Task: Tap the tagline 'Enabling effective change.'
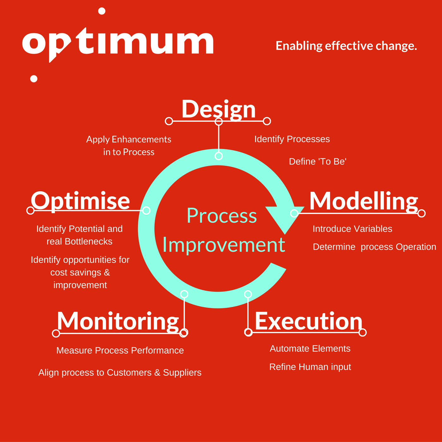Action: (x=346, y=46)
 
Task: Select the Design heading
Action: (x=218, y=110)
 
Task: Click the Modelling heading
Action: (x=364, y=202)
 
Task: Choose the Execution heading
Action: (x=308, y=321)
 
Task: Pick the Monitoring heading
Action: (x=118, y=322)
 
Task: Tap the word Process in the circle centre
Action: (x=222, y=216)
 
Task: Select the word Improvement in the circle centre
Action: (x=224, y=245)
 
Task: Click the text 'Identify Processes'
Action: (x=292, y=139)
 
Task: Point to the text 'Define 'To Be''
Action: (x=318, y=161)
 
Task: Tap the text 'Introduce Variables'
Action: (x=352, y=229)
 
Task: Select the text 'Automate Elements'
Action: (x=310, y=349)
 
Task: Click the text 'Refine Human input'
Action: (x=310, y=367)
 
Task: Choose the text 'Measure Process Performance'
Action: (x=120, y=350)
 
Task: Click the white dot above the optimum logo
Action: (x=102, y=11)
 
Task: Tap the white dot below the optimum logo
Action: (x=34, y=79)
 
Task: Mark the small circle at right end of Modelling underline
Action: (x=421, y=213)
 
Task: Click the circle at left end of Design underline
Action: (x=169, y=121)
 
